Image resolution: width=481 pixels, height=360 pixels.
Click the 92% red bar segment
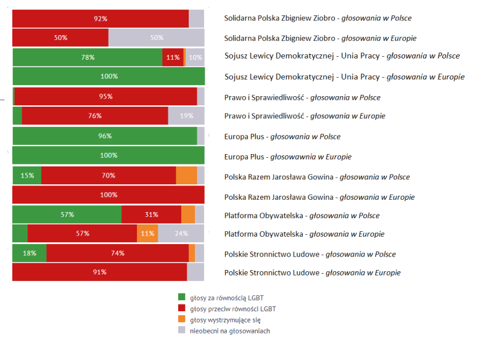click(101, 18)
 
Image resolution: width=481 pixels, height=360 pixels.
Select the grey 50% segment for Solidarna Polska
click(156, 38)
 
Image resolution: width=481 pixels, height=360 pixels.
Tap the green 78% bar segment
click(88, 57)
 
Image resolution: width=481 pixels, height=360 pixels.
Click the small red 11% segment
click(173, 57)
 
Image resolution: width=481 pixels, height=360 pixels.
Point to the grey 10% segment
click(195, 57)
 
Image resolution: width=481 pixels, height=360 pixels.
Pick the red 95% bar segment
click(105, 96)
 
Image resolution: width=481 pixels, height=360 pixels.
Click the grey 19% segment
click(186, 115)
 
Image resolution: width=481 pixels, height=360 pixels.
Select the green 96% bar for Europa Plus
click(105, 136)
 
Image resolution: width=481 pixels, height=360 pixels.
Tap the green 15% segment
click(27, 175)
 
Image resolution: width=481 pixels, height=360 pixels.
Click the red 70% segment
click(109, 175)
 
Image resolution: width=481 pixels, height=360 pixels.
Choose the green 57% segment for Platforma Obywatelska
click(67, 215)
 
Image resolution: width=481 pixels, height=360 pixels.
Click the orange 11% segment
click(147, 234)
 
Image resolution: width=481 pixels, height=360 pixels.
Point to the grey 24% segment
click(181, 234)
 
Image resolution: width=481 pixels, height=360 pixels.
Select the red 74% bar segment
click(117, 253)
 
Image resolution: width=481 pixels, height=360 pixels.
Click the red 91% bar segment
click(99, 272)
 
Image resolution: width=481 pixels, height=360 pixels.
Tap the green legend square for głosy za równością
click(182, 297)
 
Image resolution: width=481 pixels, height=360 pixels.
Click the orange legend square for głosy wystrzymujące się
click(182, 319)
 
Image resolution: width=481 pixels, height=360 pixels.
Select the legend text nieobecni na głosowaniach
click(230, 330)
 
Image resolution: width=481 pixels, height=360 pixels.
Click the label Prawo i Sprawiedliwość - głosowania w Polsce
click(302, 97)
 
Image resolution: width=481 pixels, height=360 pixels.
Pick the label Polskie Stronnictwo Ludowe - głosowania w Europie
click(312, 272)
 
